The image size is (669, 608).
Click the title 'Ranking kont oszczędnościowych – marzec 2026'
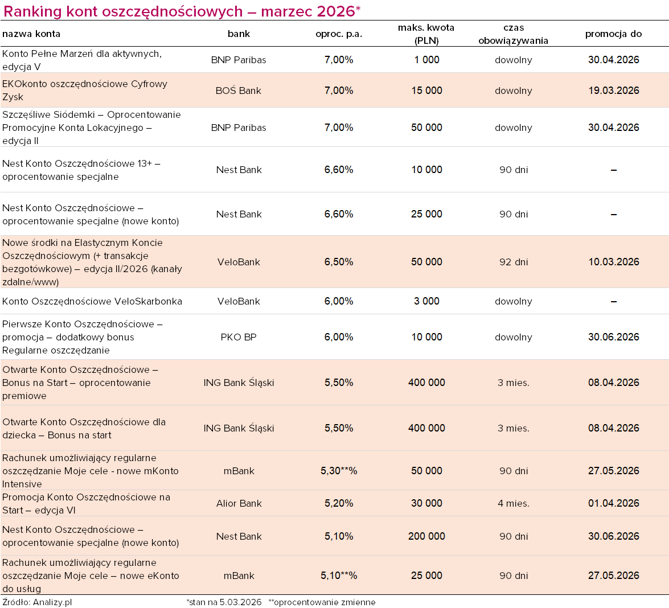(x=182, y=11)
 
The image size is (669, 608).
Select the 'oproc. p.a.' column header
(x=339, y=34)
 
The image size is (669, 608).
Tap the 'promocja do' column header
(x=613, y=34)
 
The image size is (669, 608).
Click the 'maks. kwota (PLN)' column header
(x=426, y=34)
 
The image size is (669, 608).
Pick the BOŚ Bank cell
(x=239, y=91)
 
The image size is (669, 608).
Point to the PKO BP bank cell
(x=239, y=337)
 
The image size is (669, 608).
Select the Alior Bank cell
(x=239, y=503)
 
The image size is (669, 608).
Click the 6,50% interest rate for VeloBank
(x=339, y=262)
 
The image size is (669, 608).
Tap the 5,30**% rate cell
(x=339, y=471)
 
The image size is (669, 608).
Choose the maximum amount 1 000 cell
(x=426, y=60)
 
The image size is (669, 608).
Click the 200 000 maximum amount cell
(x=426, y=536)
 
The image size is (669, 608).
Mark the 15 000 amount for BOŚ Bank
(x=426, y=91)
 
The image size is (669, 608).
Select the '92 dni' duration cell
(x=514, y=262)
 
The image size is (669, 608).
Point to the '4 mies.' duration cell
(x=514, y=503)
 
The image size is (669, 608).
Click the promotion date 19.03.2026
(x=613, y=91)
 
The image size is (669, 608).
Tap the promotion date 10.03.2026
(x=613, y=262)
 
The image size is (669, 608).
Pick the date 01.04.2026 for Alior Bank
(x=613, y=503)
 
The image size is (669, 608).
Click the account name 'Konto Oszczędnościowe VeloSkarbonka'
(x=92, y=301)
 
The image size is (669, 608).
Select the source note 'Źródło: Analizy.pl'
(x=37, y=602)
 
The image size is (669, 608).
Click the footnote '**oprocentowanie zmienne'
(x=322, y=602)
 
